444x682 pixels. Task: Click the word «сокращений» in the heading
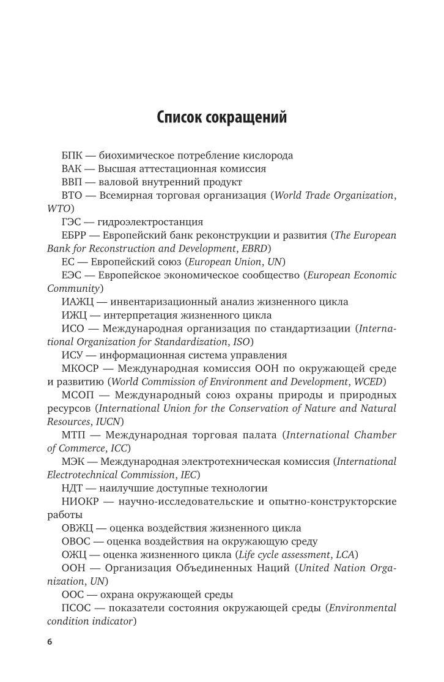243,117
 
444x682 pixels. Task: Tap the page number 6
50,643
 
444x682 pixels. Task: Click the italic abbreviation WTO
59,209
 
